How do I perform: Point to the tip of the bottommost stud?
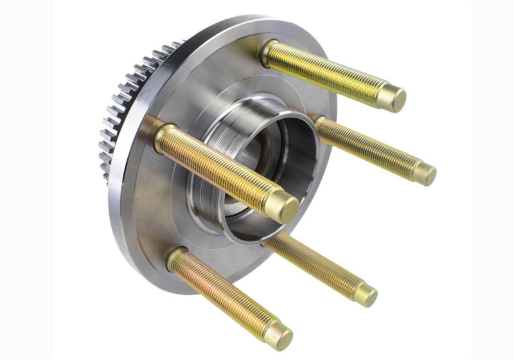coord(278,335)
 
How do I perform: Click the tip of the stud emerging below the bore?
coord(366,294)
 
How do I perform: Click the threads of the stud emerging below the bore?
coord(315,264)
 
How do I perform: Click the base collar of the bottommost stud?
coord(176,258)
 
